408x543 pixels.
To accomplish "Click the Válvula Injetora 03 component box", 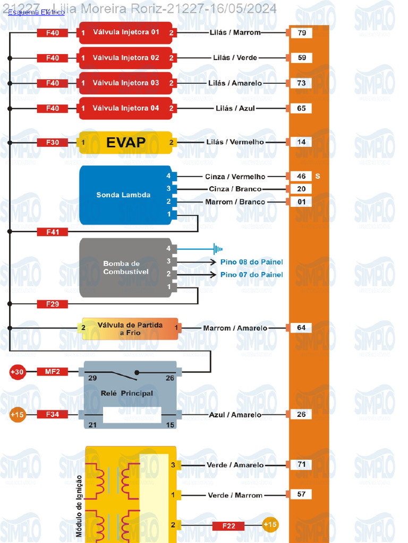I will (x=126, y=83).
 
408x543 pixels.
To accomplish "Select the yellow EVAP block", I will (x=126, y=142).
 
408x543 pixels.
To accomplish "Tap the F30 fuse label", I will (x=52, y=142).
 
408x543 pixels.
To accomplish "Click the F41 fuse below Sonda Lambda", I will (x=52, y=232).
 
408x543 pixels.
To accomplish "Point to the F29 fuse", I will (x=52, y=304).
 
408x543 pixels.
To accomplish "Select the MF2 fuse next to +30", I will (x=52, y=372).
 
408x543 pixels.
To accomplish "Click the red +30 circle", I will (x=17, y=372).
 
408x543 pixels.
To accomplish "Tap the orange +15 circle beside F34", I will (x=17, y=415).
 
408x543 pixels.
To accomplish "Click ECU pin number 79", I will (x=302, y=33).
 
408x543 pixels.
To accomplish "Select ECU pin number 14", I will (x=302, y=142).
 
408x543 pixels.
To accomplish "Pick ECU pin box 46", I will (x=302, y=176).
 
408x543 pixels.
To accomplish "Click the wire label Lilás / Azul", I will (x=235, y=108).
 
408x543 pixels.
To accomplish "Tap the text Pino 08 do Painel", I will (x=251, y=262).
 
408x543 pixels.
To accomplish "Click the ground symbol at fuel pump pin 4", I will (x=217, y=248).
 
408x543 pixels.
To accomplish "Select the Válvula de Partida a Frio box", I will (x=130, y=328).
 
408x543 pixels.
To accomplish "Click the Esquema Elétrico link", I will (x=36, y=12).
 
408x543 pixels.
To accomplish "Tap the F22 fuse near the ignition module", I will (x=228, y=526).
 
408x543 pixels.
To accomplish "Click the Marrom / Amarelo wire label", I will (x=235, y=328).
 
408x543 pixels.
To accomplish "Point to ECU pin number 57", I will (x=302, y=494).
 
